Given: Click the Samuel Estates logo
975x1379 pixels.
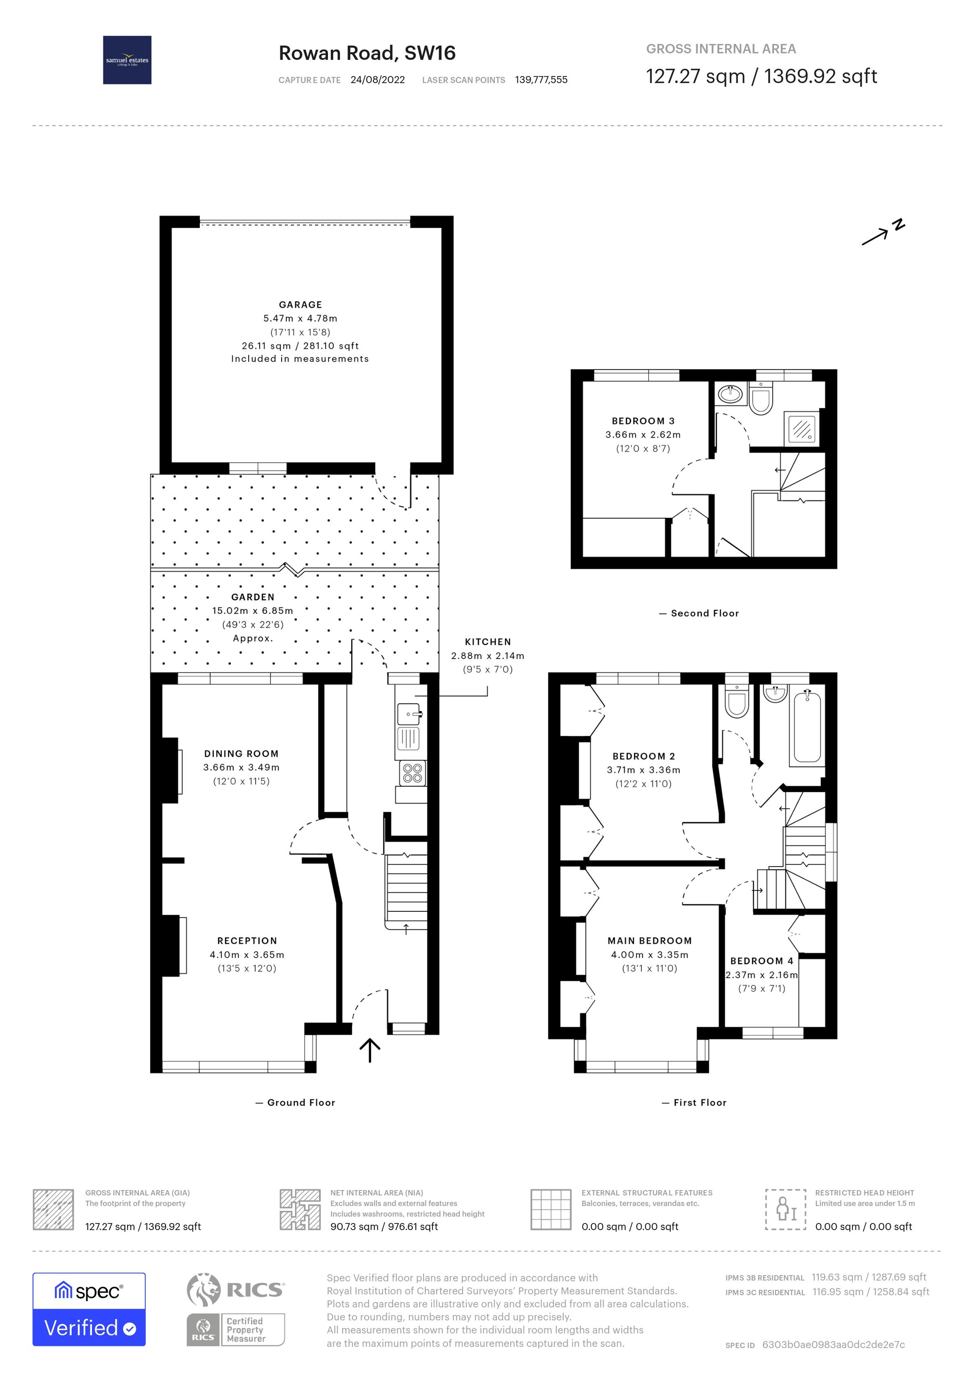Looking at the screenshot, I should [x=127, y=60].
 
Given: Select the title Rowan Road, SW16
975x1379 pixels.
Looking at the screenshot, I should [x=367, y=53].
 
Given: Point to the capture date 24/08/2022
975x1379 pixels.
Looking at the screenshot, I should [x=377, y=80].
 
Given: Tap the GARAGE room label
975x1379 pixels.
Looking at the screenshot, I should [x=300, y=305].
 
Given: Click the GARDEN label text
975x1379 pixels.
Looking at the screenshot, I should [x=252, y=597].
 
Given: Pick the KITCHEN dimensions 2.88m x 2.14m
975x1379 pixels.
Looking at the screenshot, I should [x=487, y=656].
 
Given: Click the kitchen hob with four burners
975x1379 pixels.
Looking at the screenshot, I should [x=412, y=773].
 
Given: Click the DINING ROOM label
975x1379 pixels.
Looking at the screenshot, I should [x=241, y=754].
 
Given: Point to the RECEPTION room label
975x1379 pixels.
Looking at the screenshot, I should [x=247, y=941].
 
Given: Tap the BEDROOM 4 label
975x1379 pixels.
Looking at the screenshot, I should [x=761, y=961].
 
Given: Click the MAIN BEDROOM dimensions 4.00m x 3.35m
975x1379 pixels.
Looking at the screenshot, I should [x=649, y=954].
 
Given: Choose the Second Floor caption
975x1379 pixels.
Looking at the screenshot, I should [x=704, y=613].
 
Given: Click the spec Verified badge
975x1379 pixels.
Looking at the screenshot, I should [x=89, y=1309].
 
